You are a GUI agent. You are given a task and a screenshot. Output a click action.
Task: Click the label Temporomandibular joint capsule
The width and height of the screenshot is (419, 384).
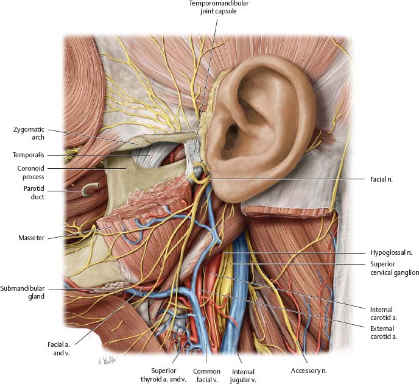pos(209,8)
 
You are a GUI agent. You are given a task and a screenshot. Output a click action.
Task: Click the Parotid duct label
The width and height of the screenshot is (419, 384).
pos(28,193)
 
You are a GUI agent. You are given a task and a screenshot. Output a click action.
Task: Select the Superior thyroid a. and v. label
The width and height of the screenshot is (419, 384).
pos(162,374)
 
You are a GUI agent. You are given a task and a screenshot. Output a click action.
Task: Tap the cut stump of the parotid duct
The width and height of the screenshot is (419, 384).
pos(89,192)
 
